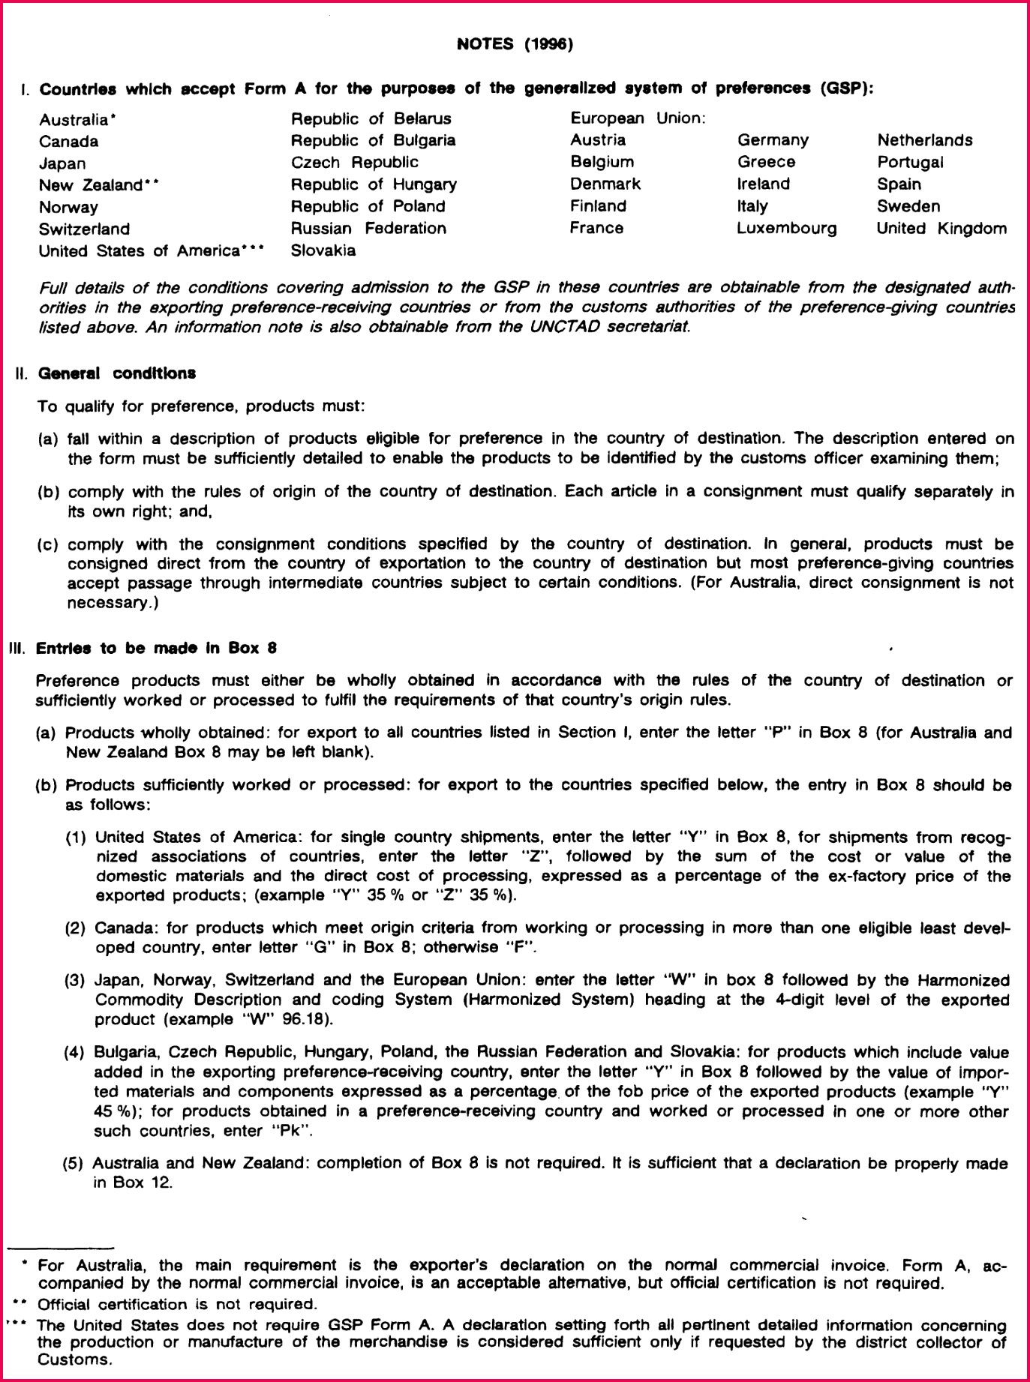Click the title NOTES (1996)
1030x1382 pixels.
[x=515, y=44]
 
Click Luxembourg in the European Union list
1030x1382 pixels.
[x=786, y=228]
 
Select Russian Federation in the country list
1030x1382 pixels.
[x=368, y=228]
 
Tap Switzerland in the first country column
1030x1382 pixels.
[x=84, y=229]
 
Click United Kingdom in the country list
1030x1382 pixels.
[x=941, y=228]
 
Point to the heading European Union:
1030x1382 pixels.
[x=638, y=118]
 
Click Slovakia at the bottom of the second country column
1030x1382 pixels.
[x=323, y=250]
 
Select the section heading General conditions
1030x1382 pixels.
[x=117, y=373]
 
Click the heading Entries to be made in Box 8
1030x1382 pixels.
[x=156, y=648]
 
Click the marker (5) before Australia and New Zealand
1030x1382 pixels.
[x=74, y=1163]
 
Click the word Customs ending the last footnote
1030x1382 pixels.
[x=74, y=1359]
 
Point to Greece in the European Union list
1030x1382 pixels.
[x=766, y=162]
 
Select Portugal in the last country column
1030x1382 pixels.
[x=910, y=162]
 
